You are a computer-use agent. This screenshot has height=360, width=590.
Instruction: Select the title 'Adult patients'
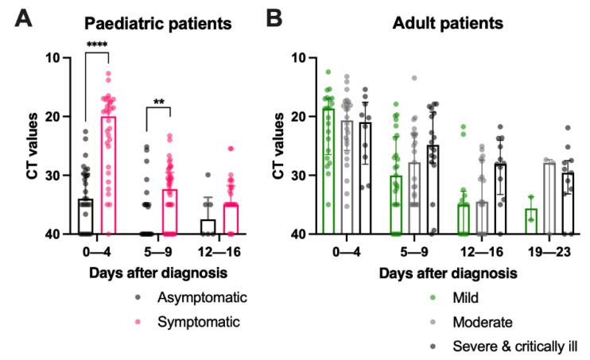[448, 24]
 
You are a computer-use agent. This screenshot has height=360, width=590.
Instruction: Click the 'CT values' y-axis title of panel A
[32, 146]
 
